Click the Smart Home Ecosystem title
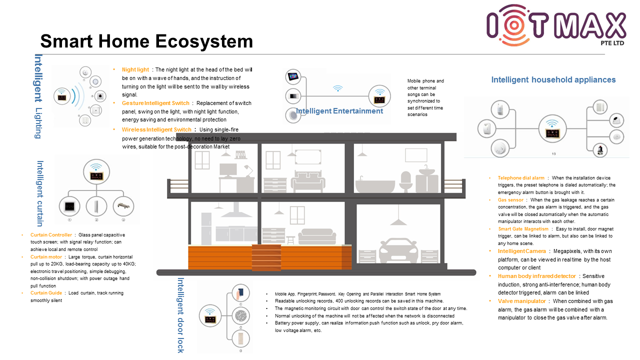click(x=146, y=41)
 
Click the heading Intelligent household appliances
click(x=553, y=80)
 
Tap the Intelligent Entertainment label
click(x=339, y=111)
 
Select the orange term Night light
click(x=135, y=70)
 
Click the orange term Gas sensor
click(x=510, y=200)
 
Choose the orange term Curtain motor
click(x=46, y=257)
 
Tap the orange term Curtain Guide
click(x=46, y=293)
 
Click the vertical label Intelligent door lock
click(x=181, y=315)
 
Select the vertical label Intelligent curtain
click(x=40, y=193)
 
